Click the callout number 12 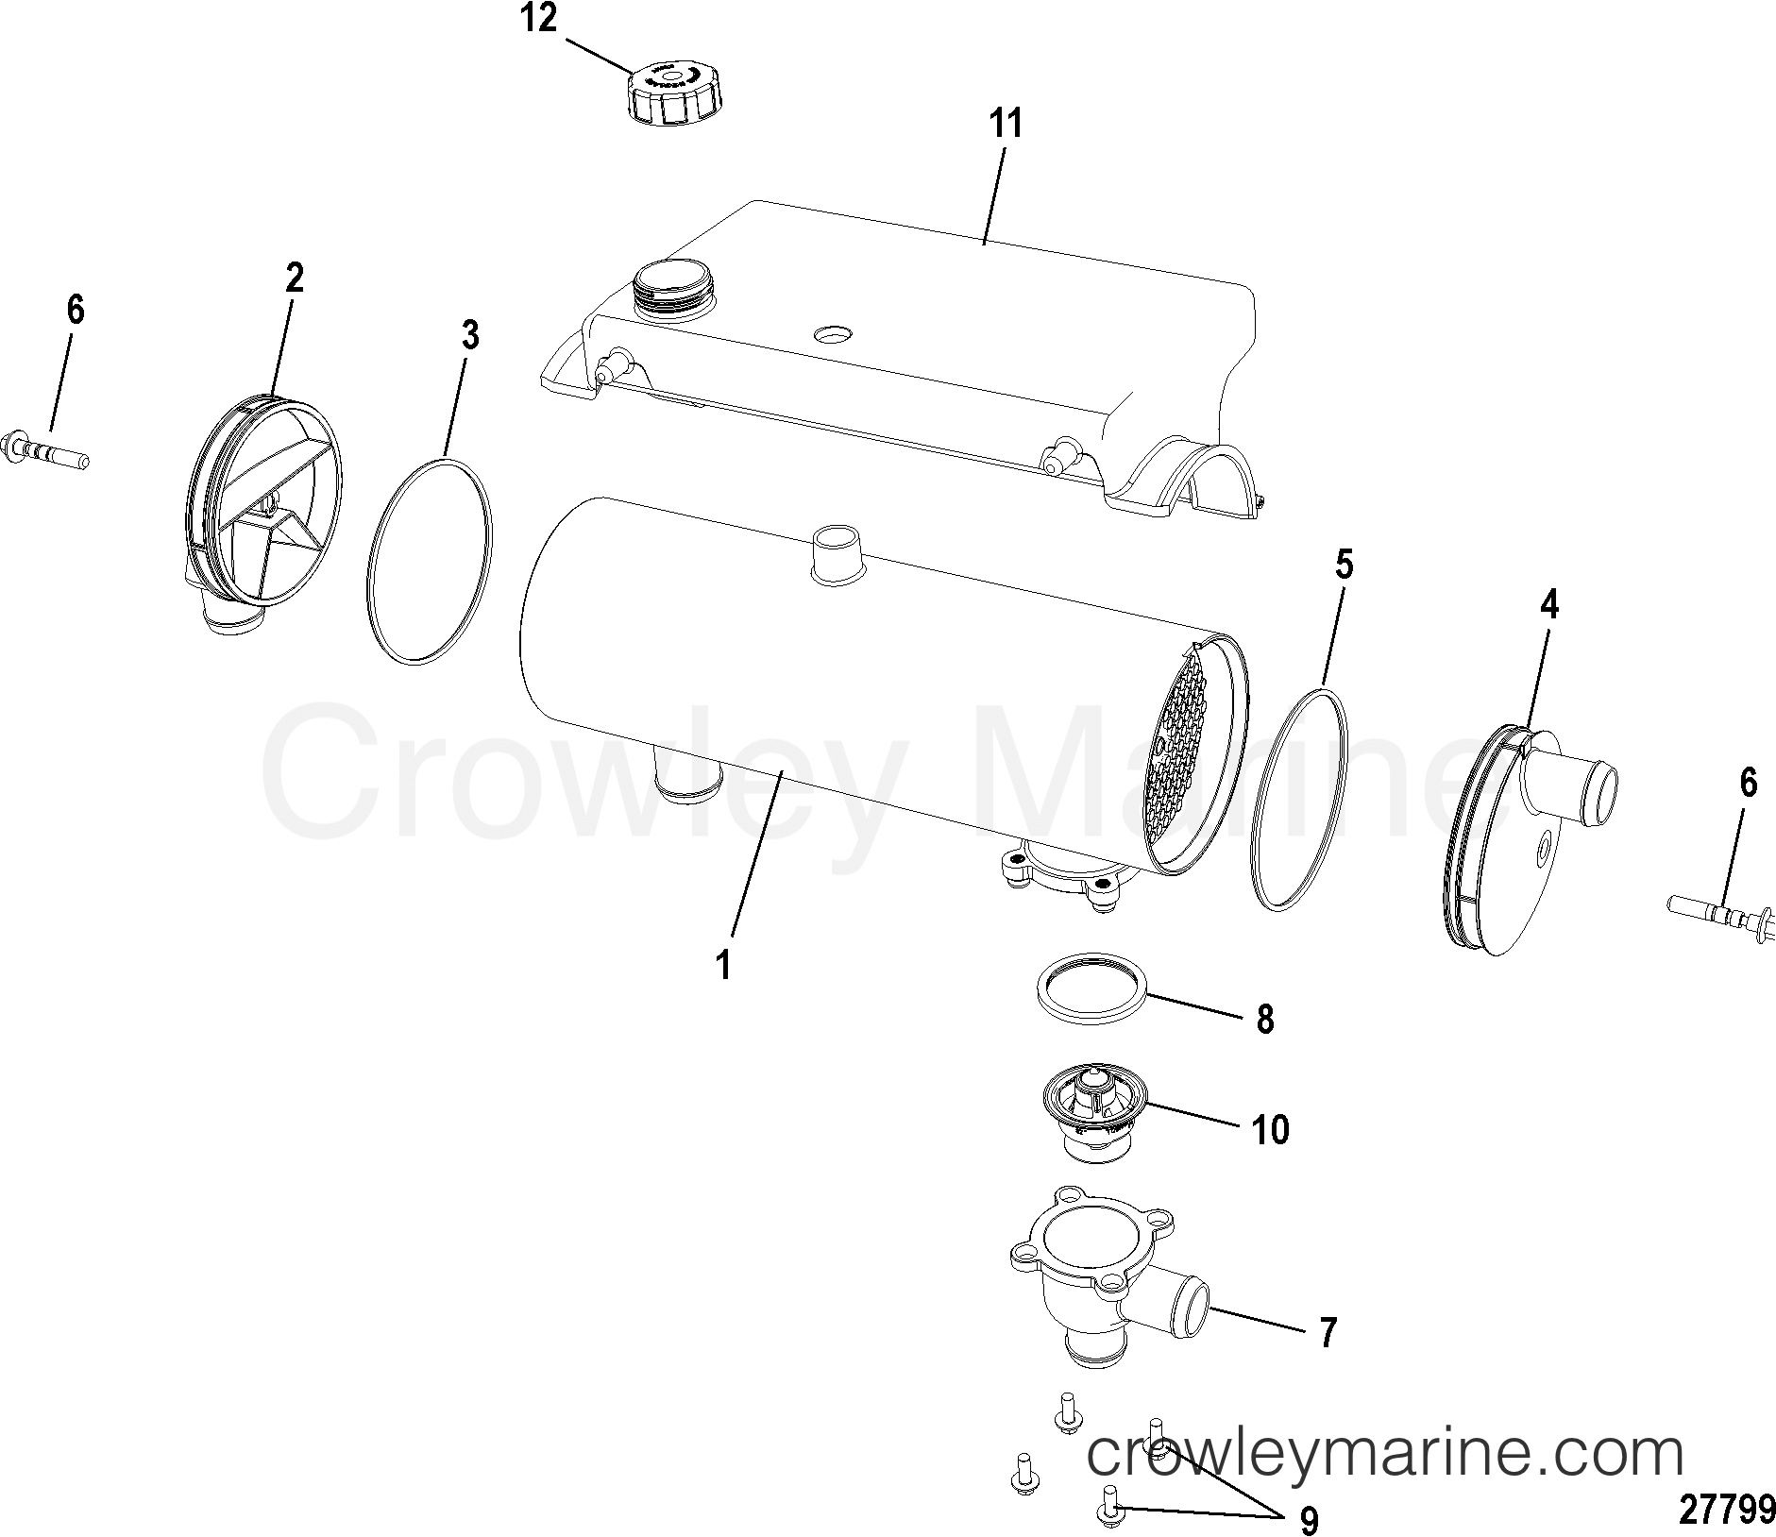539,19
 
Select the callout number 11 1006,125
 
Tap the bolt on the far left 45,449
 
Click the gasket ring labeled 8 1093,998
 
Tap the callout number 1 723,966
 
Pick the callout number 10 1271,1129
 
